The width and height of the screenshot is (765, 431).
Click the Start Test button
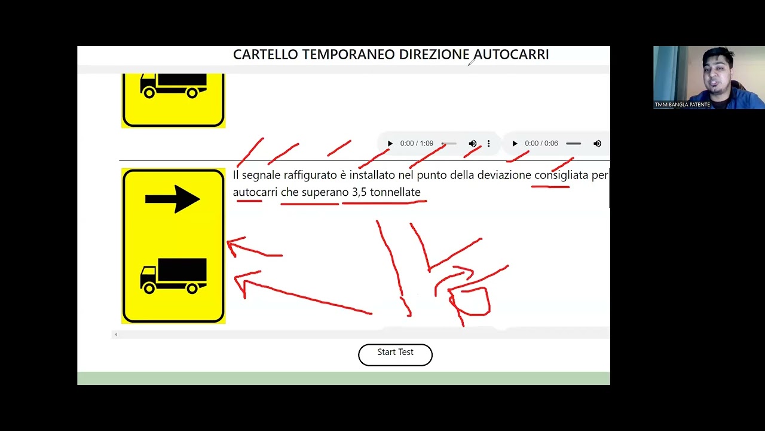pyautogui.click(x=395, y=355)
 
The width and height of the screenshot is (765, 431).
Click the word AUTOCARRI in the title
pyautogui.click(x=511, y=54)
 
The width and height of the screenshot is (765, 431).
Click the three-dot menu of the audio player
pyautogui.click(x=489, y=143)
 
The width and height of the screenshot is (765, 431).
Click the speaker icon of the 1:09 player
pyautogui.click(x=473, y=143)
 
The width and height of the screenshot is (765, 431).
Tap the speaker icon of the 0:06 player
pyautogui.click(x=597, y=143)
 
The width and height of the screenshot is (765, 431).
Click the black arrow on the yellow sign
pyautogui.click(x=173, y=199)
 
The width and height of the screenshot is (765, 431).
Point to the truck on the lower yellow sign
pyautogui.click(x=173, y=276)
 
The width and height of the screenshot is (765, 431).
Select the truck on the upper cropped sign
pyautogui.click(x=173, y=86)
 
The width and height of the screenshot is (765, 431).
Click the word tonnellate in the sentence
pyautogui.click(x=395, y=192)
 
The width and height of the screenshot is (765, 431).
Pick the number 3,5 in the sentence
pyautogui.click(x=359, y=193)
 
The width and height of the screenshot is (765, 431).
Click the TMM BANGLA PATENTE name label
pyautogui.click(x=683, y=105)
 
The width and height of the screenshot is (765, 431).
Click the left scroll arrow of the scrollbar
pyautogui.click(x=116, y=335)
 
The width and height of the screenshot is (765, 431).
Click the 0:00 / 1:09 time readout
pyautogui.click(x=417, y=143)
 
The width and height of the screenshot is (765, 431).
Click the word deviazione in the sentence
pyautogui.click(x=504, y=175)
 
